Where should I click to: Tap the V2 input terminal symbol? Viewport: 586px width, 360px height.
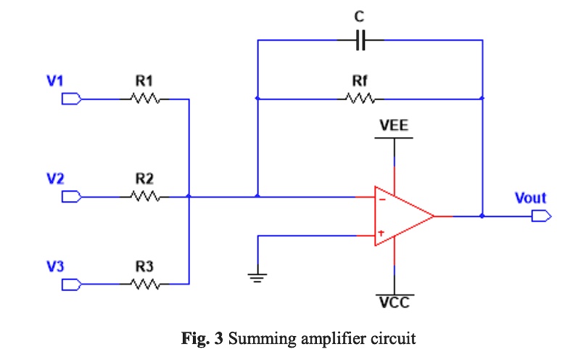pyautogui.click(x=71, y=196)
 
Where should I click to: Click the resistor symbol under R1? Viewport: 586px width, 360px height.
pyautogui.click(x=144, y=99)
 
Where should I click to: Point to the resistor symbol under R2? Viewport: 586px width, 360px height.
pyautogui.click(x=144, y=196)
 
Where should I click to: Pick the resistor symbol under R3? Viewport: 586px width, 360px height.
pyautogui.click(x=144, y=285)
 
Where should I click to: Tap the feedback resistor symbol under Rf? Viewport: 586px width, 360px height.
pyautogui.click(x=360, y=99)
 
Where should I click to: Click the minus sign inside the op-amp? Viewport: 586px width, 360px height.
pyautogui.click(x=381, y=197)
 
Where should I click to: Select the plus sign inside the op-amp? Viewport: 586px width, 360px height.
pyautogui.click(x=381, y=234)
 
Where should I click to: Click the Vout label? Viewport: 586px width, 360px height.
pyautogui.click(x=530, y=197)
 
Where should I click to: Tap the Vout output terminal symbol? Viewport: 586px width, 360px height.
pyautogui.click(x=541, y=216)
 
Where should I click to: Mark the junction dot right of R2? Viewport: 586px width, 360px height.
pyautogui.click(x=189, y=196)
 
